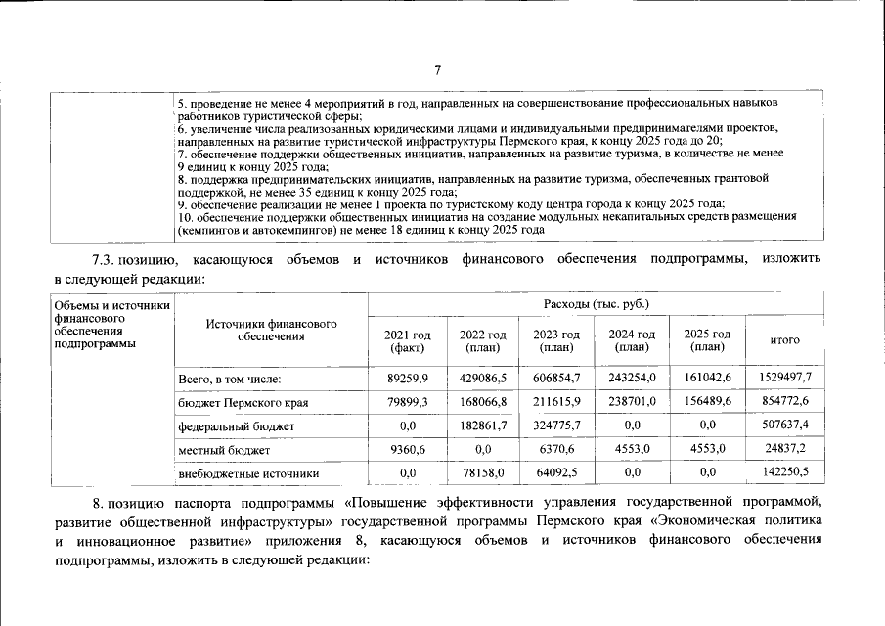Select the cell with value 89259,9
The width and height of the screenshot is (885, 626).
pyautogui.click(x=402, y=378)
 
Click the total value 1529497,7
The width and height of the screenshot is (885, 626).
pyautogui.click(x=785, y=378)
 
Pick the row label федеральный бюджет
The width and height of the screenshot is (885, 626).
pyautogui.click(x=236, y=426)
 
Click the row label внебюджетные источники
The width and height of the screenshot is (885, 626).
pyautogui.click(x=248, y=473)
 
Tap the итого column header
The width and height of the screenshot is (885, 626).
pyautogui.click(x=785, y=340)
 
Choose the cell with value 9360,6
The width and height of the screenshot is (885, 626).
pyautogui.click(x=402, y=450)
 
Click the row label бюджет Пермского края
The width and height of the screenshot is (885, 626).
pyautogui.click(x=243, y=402)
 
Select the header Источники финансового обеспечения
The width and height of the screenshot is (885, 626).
pyautogui.click(x=271, y=330)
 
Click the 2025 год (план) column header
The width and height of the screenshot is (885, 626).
pyautogui.click(x=708, y=340)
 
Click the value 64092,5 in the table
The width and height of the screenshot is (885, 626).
pyautogui.click(x=556, y=473)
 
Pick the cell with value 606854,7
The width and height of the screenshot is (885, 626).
pyautogui.click(x=556, y=378)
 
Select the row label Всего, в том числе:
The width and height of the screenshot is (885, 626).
pyautogui.click(x=230, y=378)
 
